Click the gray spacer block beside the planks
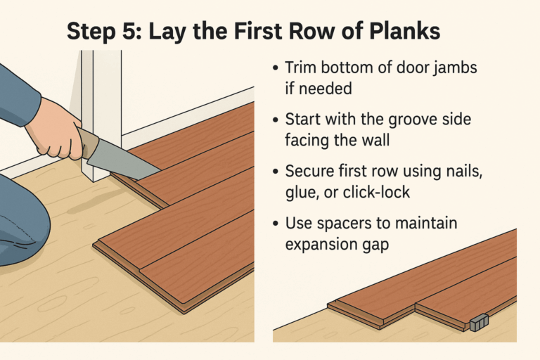pyautogui.click(x=479, y=322)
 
